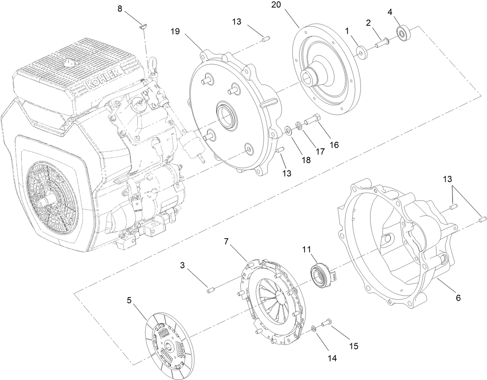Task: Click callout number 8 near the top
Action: [x=120, y=9]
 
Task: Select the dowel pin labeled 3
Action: [x=211, y=290]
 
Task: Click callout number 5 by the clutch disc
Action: [x=129, y=300]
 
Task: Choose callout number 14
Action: [x=331, y=358]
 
